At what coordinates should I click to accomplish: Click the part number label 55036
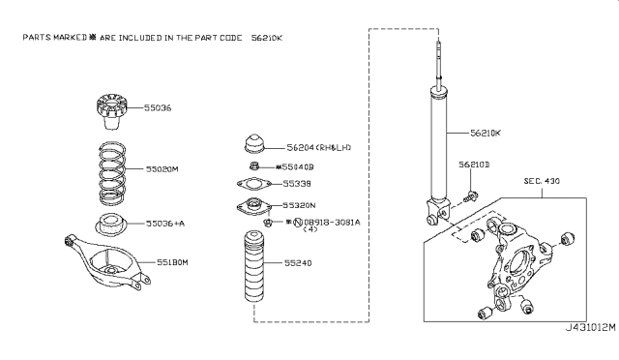click(x=159, y=108)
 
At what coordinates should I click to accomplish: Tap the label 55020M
click(x=162, y=167)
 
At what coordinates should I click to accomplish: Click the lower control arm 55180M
click(x=106, y=262)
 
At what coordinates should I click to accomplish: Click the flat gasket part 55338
click(x=254, y=184)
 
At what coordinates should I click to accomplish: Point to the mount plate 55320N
click(x=253, y=206)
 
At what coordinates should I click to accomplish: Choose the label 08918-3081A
click(x=327, y=222)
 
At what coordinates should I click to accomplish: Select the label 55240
click(x=298, y=262)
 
